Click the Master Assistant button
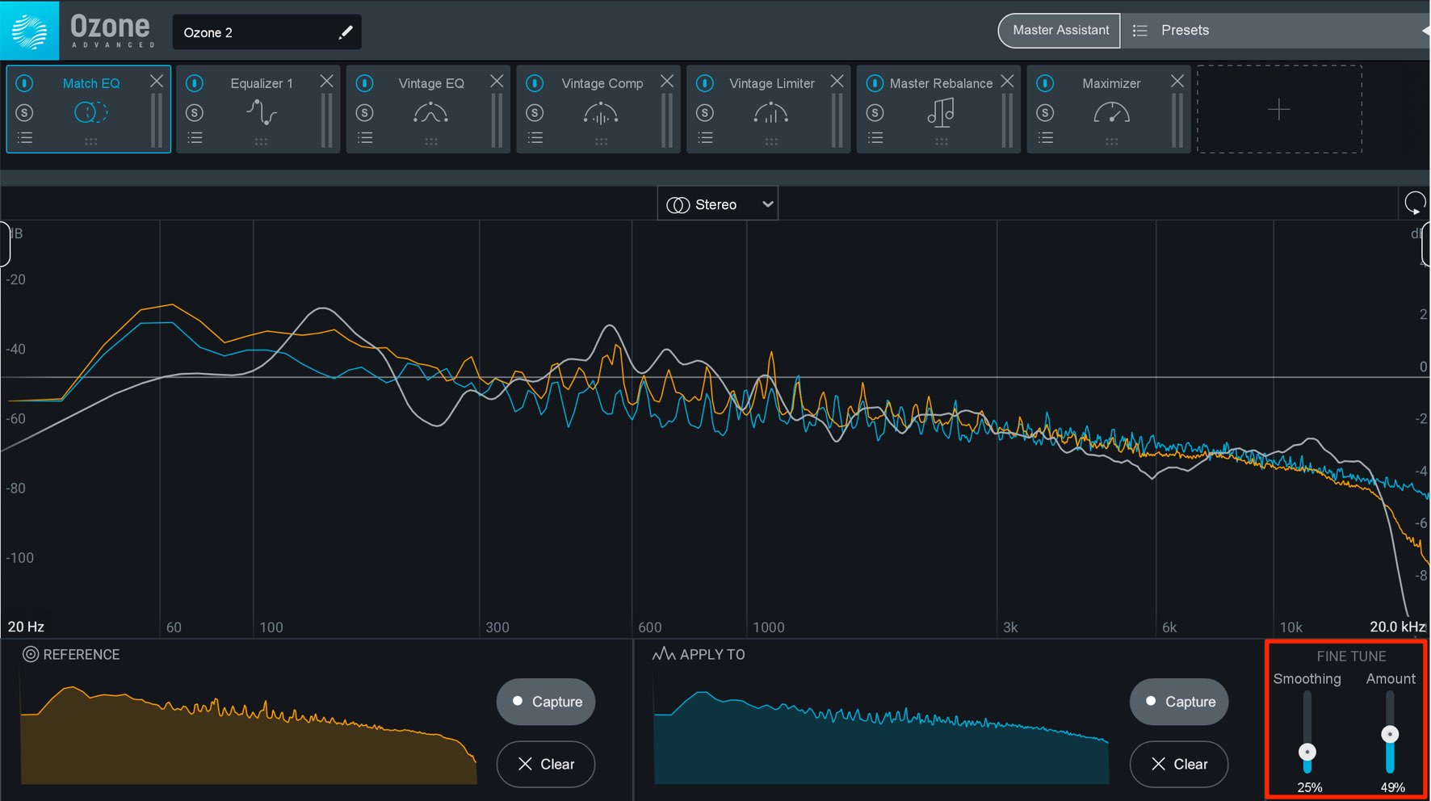1060,31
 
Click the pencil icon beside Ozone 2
346,32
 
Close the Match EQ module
157,81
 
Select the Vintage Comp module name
602,83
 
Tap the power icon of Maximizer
1045,83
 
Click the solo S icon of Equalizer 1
195,113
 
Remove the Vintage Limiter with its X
837,81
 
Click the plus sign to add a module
1279,109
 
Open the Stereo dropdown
717,204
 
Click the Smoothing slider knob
1307,753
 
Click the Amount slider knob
1390,734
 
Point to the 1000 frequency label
769,627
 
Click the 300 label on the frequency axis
497,627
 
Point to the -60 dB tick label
16,418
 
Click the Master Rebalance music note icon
941,112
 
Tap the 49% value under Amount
1392,787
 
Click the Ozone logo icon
30,31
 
